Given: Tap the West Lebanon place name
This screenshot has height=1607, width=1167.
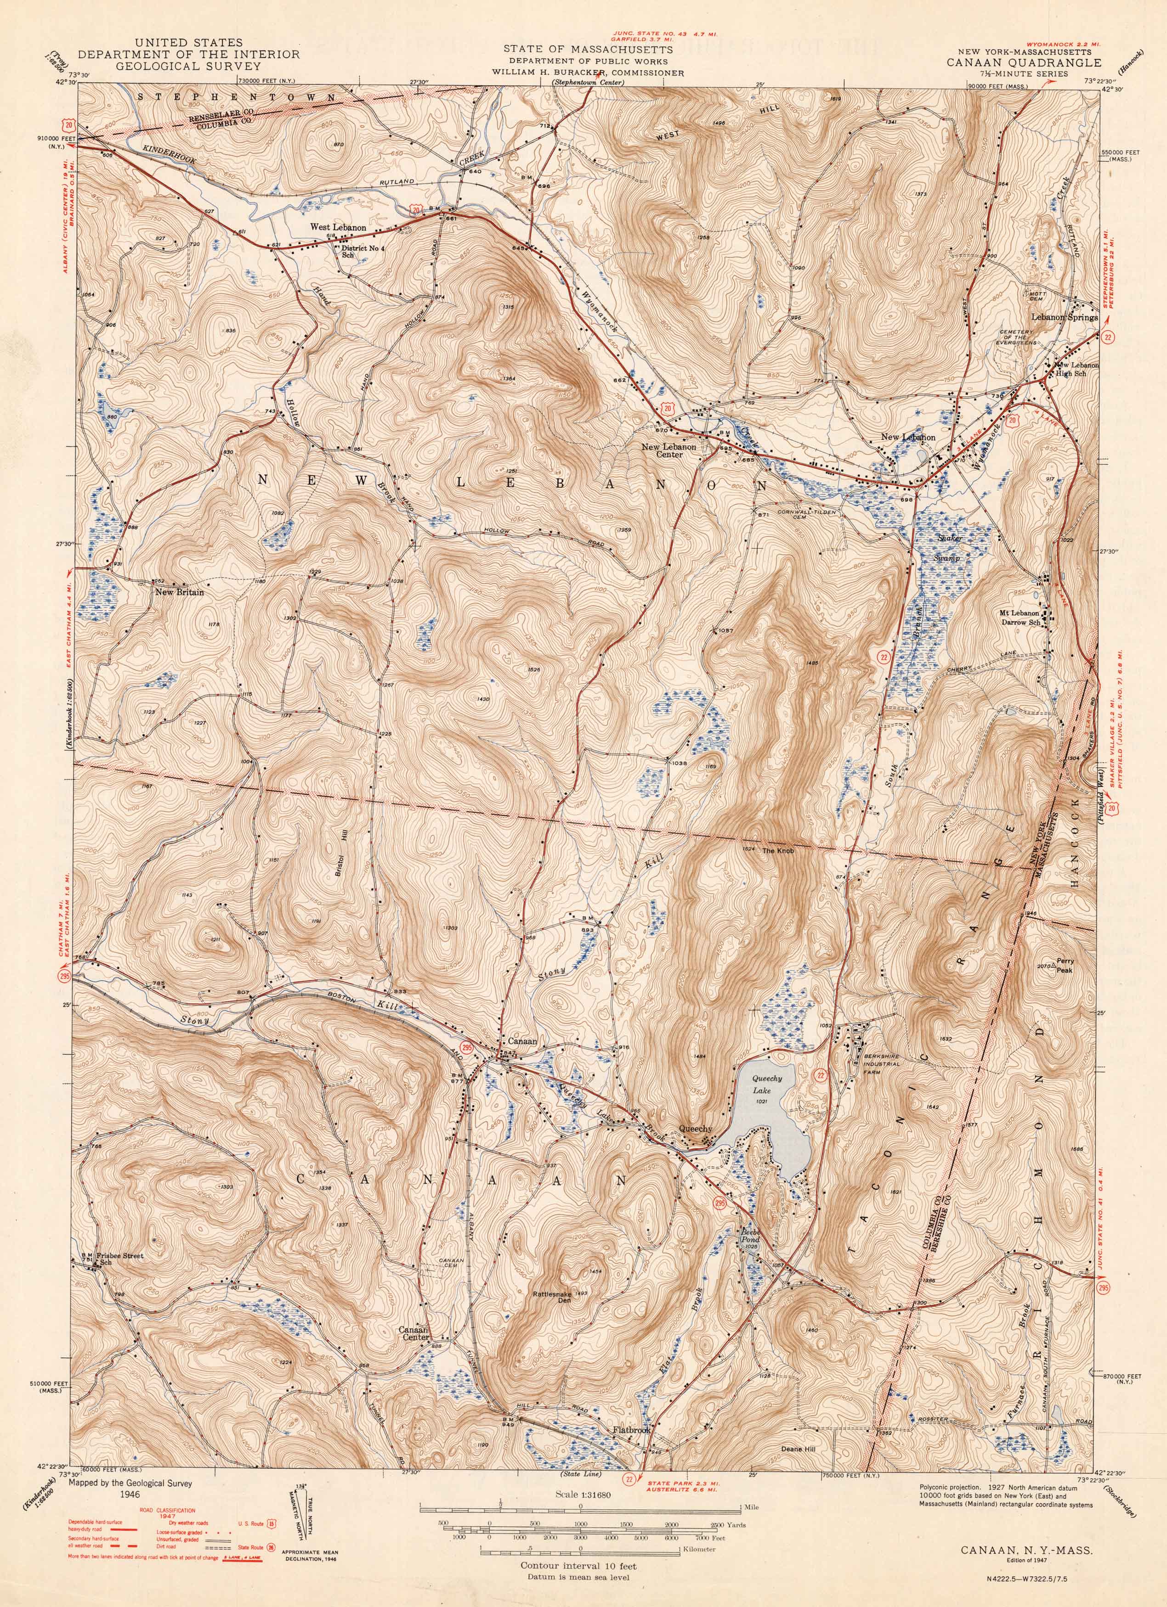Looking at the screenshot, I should pos(338,227).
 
